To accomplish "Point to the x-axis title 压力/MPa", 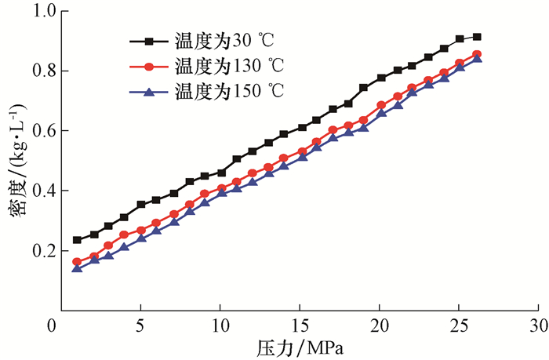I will [x=300, y=346].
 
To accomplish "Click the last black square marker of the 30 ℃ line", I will [x=477, y=37].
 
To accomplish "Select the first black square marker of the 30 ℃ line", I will [x=77, y=240].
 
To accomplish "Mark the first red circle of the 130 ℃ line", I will [x=77, y=262].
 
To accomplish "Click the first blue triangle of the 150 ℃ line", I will [x=77, y=268].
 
